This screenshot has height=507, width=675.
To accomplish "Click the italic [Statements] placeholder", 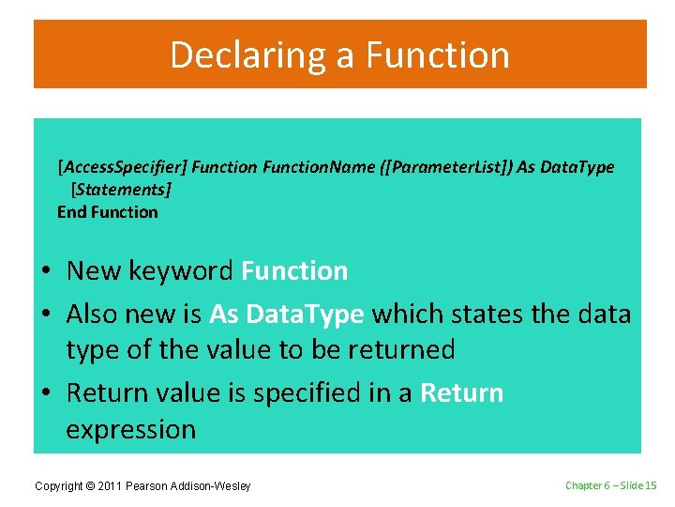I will [x=121, y=190].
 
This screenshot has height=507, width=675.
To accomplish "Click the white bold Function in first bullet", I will [x=294, y=271].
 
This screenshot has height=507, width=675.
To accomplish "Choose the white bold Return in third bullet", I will [x=462, y=392].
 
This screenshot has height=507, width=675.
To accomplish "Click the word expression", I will [x=130, y=429].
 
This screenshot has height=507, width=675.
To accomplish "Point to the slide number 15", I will [x=652, y=484].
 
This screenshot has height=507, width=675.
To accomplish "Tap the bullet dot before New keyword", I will [x=46, y=272].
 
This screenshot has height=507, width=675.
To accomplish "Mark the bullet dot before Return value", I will [x=46, y=393].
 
